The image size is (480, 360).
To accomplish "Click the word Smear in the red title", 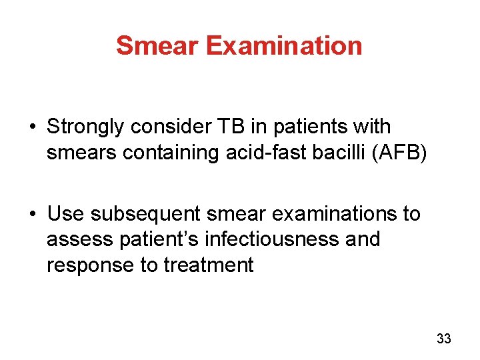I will click(x=157, y=45).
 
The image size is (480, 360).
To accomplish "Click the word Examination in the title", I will click(x=284, y=45).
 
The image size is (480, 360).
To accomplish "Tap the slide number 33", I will click(x=443, y=339).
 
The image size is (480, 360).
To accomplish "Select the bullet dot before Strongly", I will click(x=33, y=127).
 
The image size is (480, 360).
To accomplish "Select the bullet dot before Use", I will click(x=33, y=214).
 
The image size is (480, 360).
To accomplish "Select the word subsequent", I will click(x=145, y=214).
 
